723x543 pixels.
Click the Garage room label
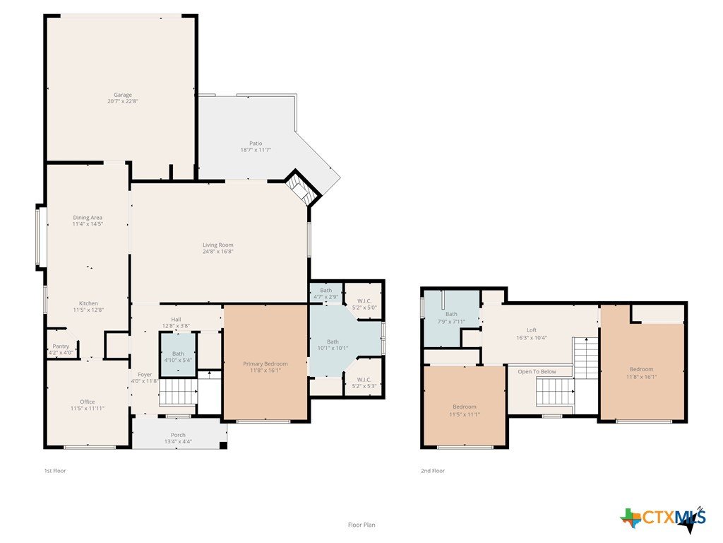click(x=123, y=95)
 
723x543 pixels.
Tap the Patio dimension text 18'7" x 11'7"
click(x=256, y=150)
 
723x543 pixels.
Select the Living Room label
click(x=218, y=245)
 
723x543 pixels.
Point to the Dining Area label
click(x=88, y=218)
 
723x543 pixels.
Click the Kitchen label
click(x=88, y=303)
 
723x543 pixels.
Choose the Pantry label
click(x=61, y=346)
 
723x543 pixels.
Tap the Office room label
click(x=88, y=402)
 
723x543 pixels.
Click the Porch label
click(x=179, y=435)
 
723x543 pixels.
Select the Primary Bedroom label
click(x=265, y=364)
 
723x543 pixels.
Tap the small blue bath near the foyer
click(x=179, y=354)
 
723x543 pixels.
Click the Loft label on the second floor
click(x=532, y=330)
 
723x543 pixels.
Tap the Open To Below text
click(x=537, y=372)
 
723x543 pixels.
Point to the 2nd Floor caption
click(x=433, y=471)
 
